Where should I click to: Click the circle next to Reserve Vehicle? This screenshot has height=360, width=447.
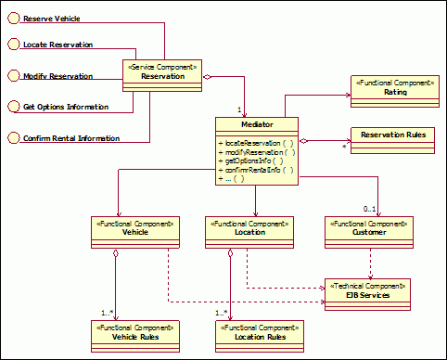13,18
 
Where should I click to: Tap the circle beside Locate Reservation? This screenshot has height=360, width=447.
13,44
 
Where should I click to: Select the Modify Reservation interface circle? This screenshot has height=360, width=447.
13,75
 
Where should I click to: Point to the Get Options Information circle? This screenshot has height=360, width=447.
13,107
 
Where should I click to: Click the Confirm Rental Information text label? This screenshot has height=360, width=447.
70,138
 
